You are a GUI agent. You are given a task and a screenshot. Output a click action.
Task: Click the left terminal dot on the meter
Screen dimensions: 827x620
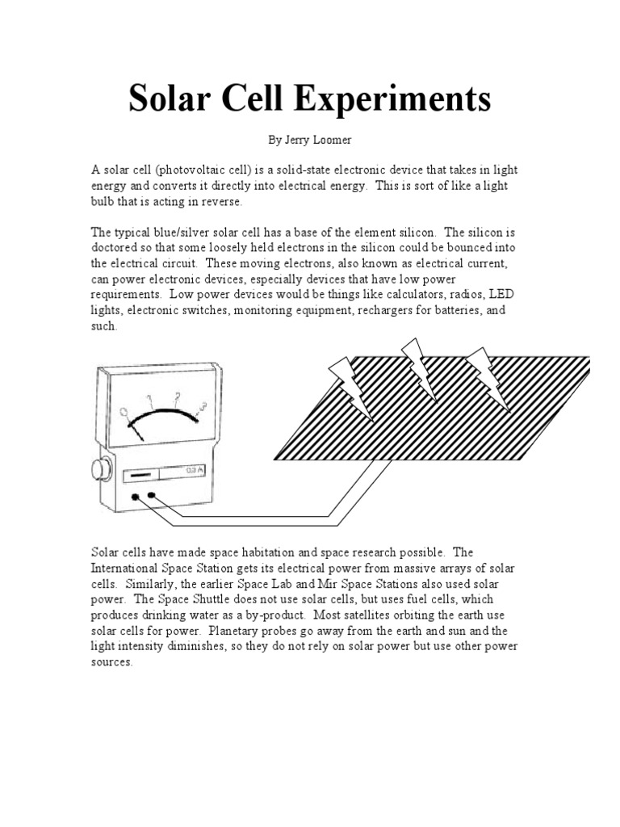(135, 497)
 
